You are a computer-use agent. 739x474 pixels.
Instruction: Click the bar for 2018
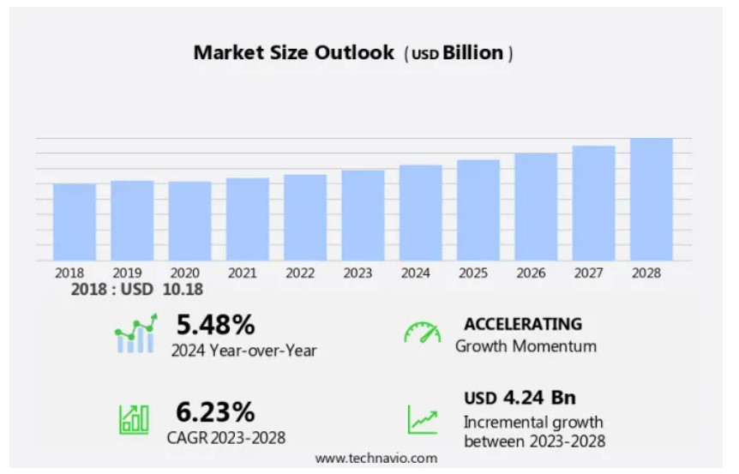click(75, 222)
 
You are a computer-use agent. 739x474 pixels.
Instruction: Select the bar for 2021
click(248, 219)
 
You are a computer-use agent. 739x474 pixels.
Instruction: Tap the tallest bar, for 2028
click(652, 200)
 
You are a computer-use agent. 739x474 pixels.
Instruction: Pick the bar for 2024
click(421, 213)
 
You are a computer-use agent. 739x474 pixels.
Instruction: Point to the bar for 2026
click(536, 207)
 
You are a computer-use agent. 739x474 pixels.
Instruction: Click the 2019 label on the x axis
click(128, 273)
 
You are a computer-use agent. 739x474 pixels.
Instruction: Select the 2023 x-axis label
click(357, 273)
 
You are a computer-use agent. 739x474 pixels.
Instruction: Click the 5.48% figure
click(215, 325)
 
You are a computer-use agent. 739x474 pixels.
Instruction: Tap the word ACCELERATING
click(523, 324)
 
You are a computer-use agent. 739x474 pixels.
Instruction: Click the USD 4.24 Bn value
click(520, 398)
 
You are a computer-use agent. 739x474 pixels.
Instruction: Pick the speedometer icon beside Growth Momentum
click(422, 333)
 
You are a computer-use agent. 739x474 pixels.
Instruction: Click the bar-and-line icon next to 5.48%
click(135, 333)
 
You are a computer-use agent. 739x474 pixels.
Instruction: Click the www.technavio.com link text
click(376, 459)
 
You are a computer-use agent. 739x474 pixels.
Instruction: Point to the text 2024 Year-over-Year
click(243, 351)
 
